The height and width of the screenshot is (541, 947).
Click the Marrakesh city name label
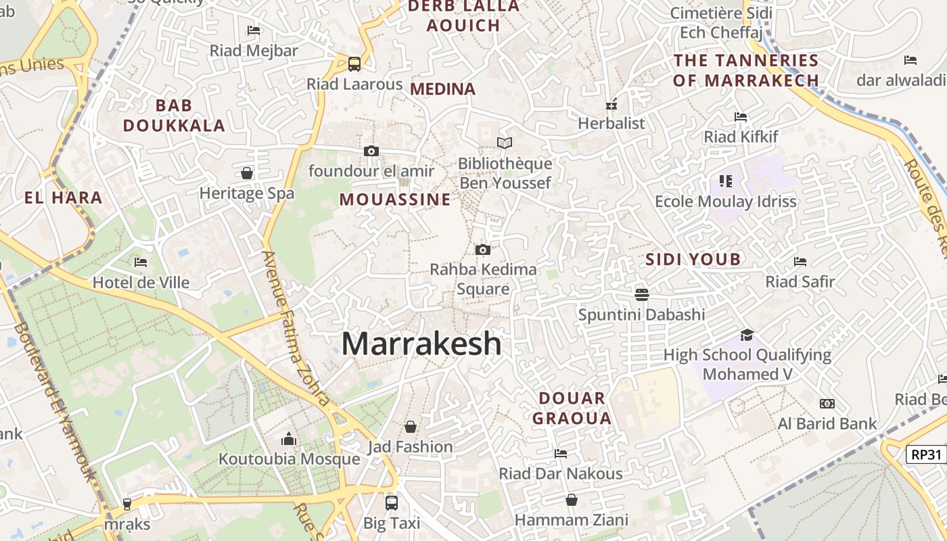(x=421, y=344)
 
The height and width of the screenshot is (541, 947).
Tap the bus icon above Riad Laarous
(x=354, y=64)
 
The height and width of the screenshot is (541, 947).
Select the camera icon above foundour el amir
(x=371, y=151)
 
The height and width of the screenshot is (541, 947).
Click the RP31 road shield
(x=926, y=454)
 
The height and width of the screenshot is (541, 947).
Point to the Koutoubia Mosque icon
(x=289, y=440)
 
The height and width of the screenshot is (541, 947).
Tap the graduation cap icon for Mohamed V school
(x=747, y=335)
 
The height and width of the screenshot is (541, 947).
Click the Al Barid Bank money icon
(x=827, y=404)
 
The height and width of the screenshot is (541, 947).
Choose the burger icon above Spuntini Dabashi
(x=641, y=294)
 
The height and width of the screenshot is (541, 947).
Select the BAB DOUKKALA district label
(x=174, y=116)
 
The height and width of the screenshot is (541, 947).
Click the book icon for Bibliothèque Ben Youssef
(x=505, y=143)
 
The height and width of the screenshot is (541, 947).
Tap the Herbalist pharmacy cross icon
(x=611, y=105)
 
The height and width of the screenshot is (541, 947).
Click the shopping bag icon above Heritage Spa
(x=247, y=173)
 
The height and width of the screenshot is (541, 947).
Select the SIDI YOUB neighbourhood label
(x=693, y=259)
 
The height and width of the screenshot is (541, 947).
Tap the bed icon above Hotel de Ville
(x=141, y=262)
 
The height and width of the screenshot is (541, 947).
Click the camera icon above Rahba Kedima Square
(x=482, y=250)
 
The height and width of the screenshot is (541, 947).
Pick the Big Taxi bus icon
(x=392, y=502)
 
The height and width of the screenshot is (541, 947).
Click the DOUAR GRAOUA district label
(x=572, y=408)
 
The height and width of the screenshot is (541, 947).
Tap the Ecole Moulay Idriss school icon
(x=726, y=181)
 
